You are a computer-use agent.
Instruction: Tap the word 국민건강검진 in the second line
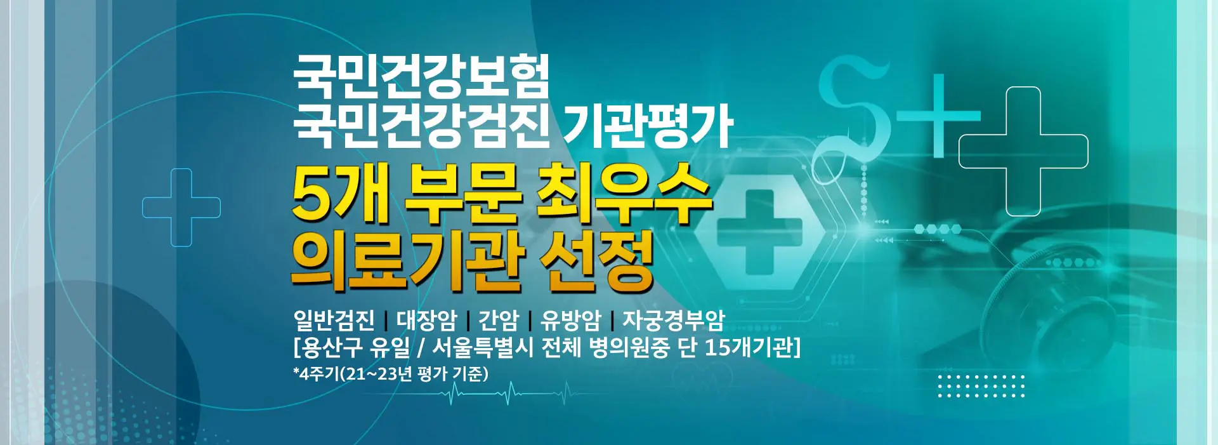pyautogui.click(x=421, y=126)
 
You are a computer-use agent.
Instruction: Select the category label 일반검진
pyautogui.click(x=334, y=321)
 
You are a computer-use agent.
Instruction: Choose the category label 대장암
pyautogui.click(x=426, y=321)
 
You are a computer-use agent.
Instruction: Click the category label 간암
pyautogui.click(x=499, y=321)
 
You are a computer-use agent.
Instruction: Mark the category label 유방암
pyautogui.click(x=570, y=321)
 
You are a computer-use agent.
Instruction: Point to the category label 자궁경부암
pyautogui.click(x=673, y=321)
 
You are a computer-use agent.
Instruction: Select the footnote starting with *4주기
pyautogui.click(x=391, y=374)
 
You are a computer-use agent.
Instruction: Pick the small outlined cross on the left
pyautogui.click(x=181, y=208)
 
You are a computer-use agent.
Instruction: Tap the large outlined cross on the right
pyautogui.click(x=1023, y=151)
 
